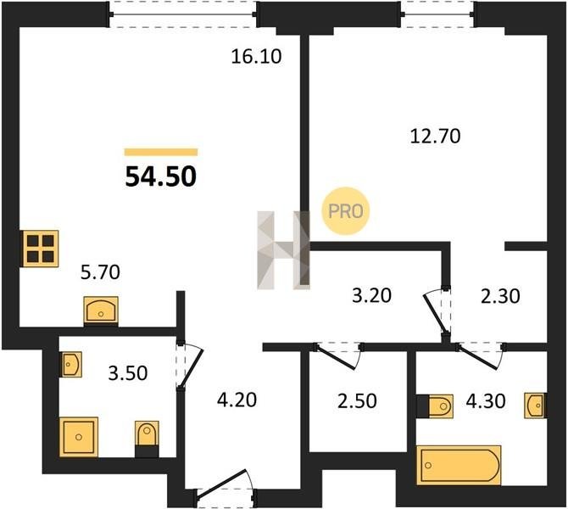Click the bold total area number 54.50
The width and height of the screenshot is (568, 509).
pyautogui.click(x=161, y=177)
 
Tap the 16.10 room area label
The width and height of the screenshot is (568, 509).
pyautogui.click(x=256, y=57)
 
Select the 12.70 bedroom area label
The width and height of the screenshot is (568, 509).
pyautogui.click(x=436, y=137)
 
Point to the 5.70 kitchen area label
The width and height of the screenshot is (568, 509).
pyautogui.click(x=100, y=272)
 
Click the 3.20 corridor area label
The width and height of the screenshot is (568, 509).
pyautogui.click(x=371, y=295)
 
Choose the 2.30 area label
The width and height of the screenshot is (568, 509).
pyautogui.click(x=500, y=295)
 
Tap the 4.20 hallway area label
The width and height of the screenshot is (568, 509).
pyautogui.click(x=237, y=400)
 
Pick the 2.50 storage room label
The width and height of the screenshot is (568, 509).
pyautogui.click(x=357, y=401)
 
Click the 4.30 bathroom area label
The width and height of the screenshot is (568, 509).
pyautogui.click(x=486, y=401)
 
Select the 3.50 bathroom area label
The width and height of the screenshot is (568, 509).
pyautogui.click(x=128, y=373)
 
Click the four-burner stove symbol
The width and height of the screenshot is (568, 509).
pyautogui.click(x=40, y=249)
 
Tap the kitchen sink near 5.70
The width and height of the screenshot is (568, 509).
pyautogui.click(x=101, y=310)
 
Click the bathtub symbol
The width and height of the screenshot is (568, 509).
pyautogui.click(x=459, y=465)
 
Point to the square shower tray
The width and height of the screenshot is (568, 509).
pyautogui.click(x=79, y=437)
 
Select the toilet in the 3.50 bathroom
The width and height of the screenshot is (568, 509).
pyautogui.click(x=147, y=439)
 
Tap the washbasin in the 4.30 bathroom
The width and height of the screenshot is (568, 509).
pyautogui.click(x=536, y=406)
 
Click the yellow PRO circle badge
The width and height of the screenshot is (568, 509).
pyautogui.click(x=346, y=211)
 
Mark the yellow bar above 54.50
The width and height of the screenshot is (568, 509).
pyautogui.click(x=161, y=152)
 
